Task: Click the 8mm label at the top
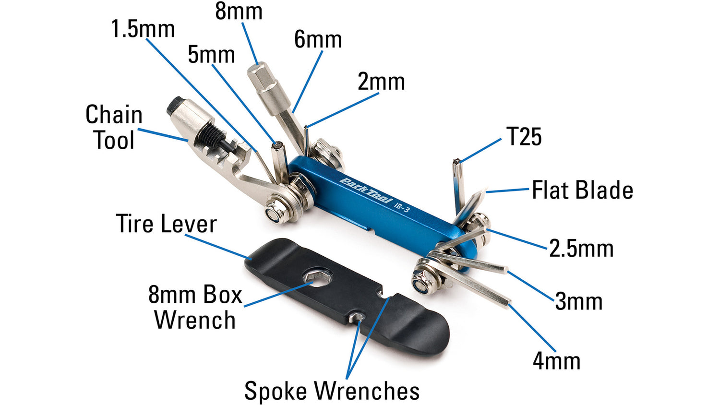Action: click(x=239, y=11)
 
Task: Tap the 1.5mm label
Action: click(x=143, y=29)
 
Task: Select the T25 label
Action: click(x=524, y=136)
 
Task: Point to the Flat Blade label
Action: click(x=582, y=190)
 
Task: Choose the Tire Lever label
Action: click(x=166, y=224)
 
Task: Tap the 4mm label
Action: click(x=557, y=361)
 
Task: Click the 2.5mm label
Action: click(x=581, y=249)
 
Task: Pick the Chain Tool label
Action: click(x=114, y=127)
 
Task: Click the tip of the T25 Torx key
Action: click(x=456, y=160)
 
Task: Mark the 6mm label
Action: click(x=318, y=39)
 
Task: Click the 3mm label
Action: click(x=579, y=301)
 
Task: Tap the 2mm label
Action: click(x=381, y=82)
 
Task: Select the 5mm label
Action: click(x=211, y=54)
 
